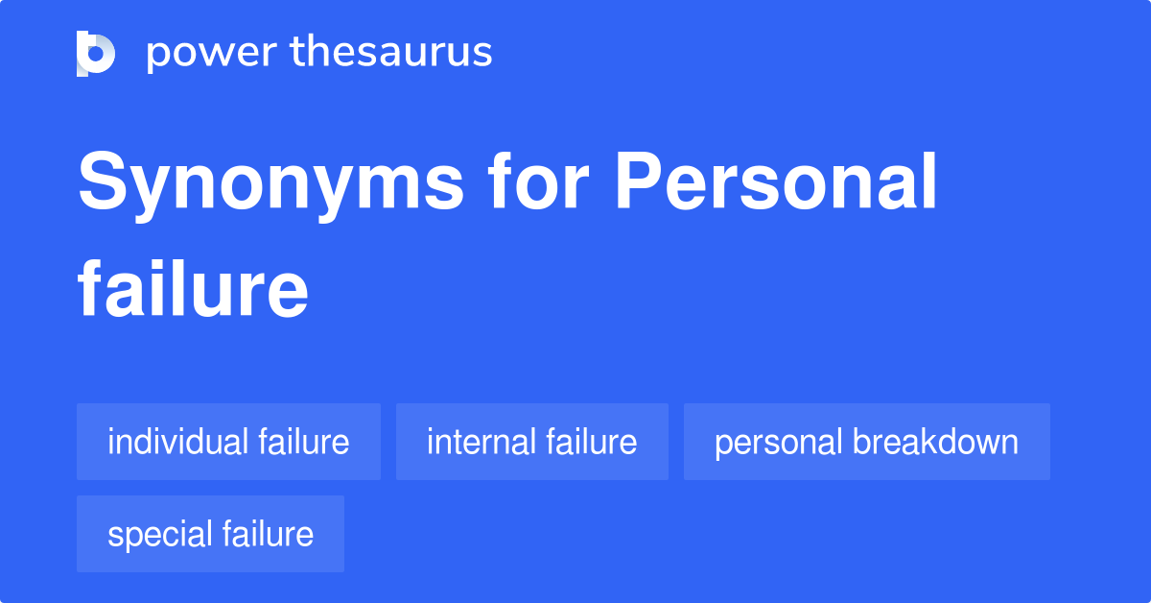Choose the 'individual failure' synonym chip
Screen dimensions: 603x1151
228,442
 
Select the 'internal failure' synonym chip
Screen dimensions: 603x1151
532,442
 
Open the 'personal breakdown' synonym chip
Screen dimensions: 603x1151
866,442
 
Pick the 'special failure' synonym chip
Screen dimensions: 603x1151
210,534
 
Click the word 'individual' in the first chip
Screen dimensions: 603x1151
178,442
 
